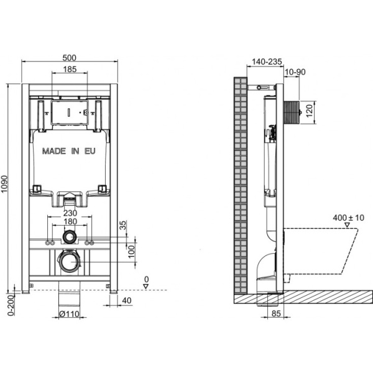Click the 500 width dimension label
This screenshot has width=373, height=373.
(x=69, y=58)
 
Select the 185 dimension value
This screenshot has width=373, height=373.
(x=70, y=69)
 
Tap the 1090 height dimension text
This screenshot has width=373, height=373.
(x=4, y=185)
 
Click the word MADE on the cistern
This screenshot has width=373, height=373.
(x=54, y=151)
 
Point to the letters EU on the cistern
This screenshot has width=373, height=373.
(x=90, y=151)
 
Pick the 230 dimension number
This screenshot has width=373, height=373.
(x=70, y=213)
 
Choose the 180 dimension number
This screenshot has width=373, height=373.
(x=70, y=221)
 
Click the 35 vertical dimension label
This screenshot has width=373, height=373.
(x=122, y=225)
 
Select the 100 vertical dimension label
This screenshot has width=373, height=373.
(x=131, y=252)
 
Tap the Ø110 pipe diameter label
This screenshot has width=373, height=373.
(x=69, y=314)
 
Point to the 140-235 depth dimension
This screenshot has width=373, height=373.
(x=267, y=62)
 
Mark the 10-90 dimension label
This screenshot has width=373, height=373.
(x=295, y=72)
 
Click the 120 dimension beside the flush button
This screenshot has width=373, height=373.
(x=309, y=111)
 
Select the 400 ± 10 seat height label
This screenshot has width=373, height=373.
(x=349, y=218)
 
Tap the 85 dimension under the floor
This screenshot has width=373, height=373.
(x=276, y=313)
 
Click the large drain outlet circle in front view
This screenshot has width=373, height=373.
(x=69, y=261)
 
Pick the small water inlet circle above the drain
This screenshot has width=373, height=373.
(x=70, y=237)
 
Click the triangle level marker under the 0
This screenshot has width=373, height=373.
(x=146, y=287)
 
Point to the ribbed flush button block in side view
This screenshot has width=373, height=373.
(x=292, y=113)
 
